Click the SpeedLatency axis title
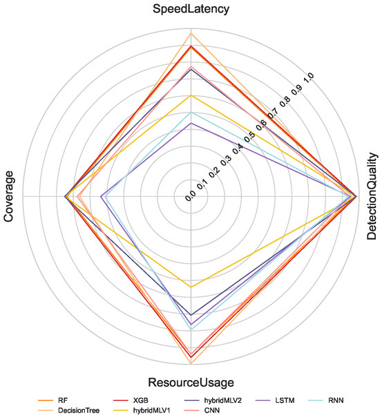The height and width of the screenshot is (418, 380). (x=191, y=9)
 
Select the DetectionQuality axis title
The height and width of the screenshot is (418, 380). (x=372, y=196)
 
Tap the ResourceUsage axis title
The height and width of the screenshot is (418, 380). (x=191, y=382)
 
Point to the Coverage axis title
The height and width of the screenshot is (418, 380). (x=8, y=196)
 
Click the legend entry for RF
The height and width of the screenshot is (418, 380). (x=53, y=400)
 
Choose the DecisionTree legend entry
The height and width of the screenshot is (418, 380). (x=68, y=410)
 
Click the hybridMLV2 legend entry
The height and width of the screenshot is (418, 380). (x=213, y=400)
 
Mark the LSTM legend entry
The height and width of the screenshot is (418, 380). (x=275, y=400)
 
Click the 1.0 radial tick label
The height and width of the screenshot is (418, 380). (x=310, y=78)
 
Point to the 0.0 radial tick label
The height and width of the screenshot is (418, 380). (x=191, y=196)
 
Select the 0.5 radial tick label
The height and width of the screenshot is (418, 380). (x=249, y=137)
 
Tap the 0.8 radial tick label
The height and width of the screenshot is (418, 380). (x=285, y=102)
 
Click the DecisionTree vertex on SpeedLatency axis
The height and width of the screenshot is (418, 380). (x=191, y=33)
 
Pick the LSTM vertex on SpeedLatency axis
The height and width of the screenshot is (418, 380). (x=191, y=123)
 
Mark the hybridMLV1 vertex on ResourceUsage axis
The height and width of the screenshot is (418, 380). (x=191, y=287)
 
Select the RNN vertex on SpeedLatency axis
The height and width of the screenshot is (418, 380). (x=191, y=112)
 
